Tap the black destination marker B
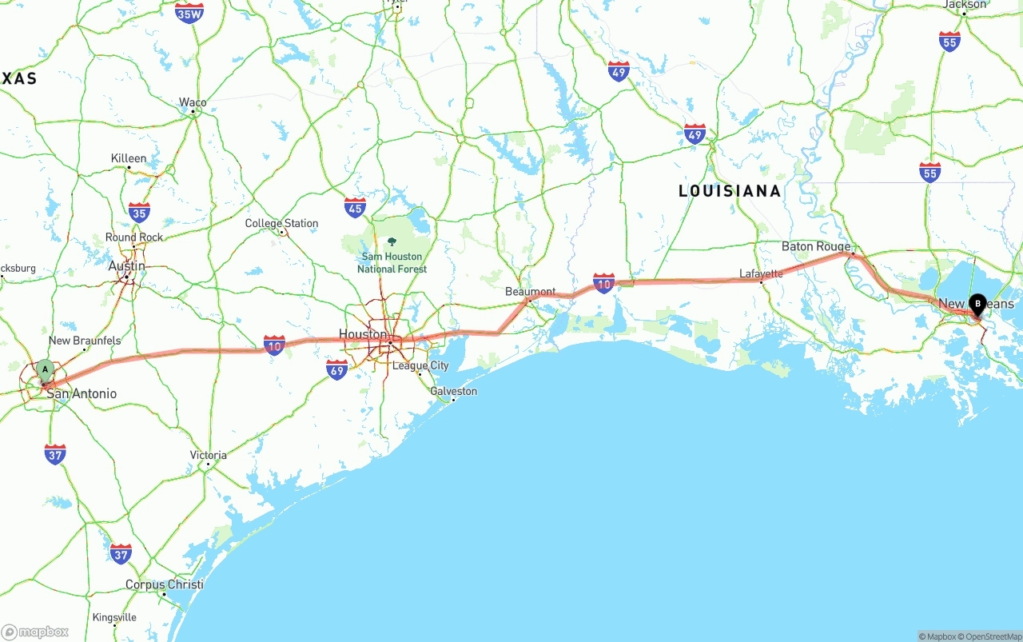(977, 304)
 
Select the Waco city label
(193, 102)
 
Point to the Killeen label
(129, 158)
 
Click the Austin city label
(127, 266)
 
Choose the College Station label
(281, 224)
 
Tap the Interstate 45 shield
(356, 208)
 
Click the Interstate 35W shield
(189, 13)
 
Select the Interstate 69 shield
(337, 369)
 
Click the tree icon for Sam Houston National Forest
(392, 241)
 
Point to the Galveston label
(453, 392)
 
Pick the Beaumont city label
(530, 292)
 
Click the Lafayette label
(761, 273)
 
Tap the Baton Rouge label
(816, 246)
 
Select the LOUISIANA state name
(730, 191)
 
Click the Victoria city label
(209, 455)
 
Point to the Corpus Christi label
(164, 584)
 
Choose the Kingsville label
(114, 617)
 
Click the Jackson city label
(965, 5)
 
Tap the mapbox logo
(35, 632)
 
